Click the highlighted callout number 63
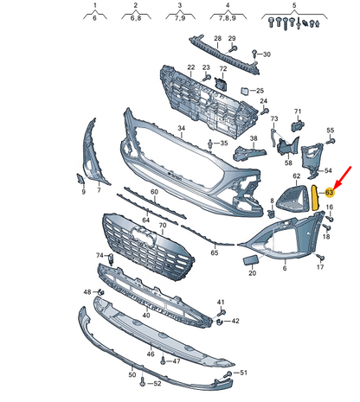pos(329,192)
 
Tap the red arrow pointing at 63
pos(342,177)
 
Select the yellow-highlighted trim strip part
pos(316,198)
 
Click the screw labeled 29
pos(233,49)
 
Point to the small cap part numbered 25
pos(245,91)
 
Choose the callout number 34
pos(181,128)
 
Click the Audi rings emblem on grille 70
pos(144,234)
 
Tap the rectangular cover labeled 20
pos(251,260)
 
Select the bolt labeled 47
pos(164,361)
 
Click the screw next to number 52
pos(142,382)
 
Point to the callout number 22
pos(191,67)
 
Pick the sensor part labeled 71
pos(297,126)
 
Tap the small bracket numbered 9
pos(80,179)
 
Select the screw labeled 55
pos(331,141)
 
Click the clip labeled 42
pos(220,322)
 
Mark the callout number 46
pos(151,354)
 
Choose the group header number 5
pos(294,5)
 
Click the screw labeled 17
pos(320,257)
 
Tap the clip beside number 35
pos(210,144)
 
